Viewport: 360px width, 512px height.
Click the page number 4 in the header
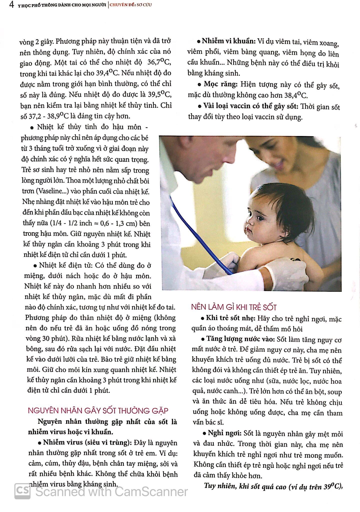(11, 5)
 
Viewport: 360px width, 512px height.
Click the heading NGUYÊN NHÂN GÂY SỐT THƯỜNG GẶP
(98, 411)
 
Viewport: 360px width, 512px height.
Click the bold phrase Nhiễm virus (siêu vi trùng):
(87, 442)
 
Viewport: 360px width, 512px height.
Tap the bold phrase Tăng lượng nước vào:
(240, 339)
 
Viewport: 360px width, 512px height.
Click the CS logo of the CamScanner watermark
(22, 491)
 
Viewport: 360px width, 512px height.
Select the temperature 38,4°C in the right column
(296, 95)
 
